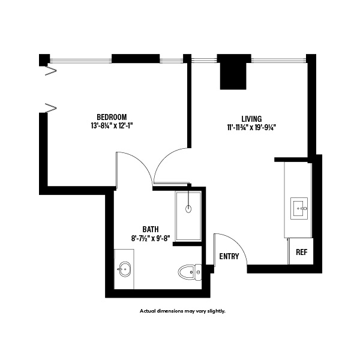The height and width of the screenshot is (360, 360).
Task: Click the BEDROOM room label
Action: tap(112, 116)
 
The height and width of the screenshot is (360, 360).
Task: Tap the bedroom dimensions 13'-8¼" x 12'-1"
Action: tap(112, 126)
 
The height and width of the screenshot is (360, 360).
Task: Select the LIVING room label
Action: tap(251, 118)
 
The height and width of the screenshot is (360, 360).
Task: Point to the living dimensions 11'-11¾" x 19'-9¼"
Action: tap(251, 127)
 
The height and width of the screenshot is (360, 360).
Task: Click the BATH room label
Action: tap(151, 229)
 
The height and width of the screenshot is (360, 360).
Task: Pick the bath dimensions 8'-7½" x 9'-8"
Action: tap(151, 238)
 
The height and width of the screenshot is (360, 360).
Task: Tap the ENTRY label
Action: tap(229, 257)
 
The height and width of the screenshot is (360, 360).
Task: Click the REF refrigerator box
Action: tap(301, 252)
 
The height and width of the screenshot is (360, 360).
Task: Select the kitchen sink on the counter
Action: tap(299, 209)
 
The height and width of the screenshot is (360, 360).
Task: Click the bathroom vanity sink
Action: tap(125, 269)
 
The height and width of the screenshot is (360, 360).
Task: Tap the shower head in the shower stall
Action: tap(189, 209)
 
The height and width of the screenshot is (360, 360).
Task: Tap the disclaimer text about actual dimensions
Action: tap(182, 311)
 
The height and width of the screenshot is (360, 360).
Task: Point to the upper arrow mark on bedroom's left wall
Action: tap(51, 71)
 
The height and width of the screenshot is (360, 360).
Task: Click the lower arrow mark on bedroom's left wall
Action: tap(51, 108)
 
